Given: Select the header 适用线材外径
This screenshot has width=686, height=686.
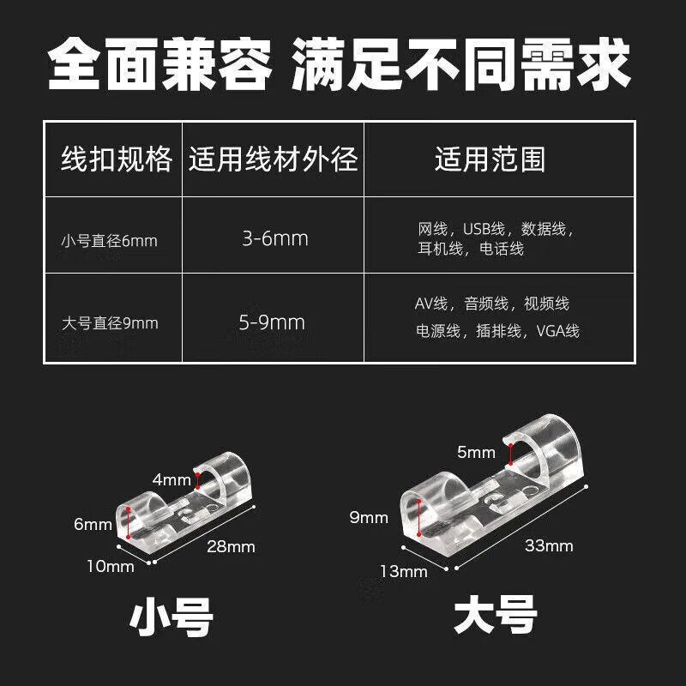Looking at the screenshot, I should pyautogui.click(x=274, y=160).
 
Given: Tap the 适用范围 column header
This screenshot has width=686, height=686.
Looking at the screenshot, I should pyautogui.click(x=490, y=160).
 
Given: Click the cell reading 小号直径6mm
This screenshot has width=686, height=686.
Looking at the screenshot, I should pyautogui.click(x=109, y=241).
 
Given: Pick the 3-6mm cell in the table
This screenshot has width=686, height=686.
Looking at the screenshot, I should pyautogui.click(x=274, y=238).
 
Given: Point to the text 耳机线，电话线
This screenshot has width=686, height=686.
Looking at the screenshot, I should pyautogui.click(x=471, y=250).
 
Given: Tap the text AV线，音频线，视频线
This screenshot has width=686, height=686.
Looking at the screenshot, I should pyautogui.click(x=491, y=304).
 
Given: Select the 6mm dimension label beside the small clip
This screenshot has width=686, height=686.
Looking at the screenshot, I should pyautogui.click(x=93, y=524).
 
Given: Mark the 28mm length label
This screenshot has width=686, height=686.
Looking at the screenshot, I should pyautogui.click(x=231, y=546).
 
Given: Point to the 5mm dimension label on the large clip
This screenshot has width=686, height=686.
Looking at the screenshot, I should pyautogui.click(x=477, y=452).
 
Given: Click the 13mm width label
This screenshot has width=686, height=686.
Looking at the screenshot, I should pyautogui.click(x=403, y=571).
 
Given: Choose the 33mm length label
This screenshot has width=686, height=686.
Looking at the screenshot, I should pyautogui.click(x=548, y=545).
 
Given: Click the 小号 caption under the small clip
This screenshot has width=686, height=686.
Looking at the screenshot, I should pyautogui.click(x=171, y=617).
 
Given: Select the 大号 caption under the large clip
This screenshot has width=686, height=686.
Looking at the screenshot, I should pyautogui.click(x=496, y=616).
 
